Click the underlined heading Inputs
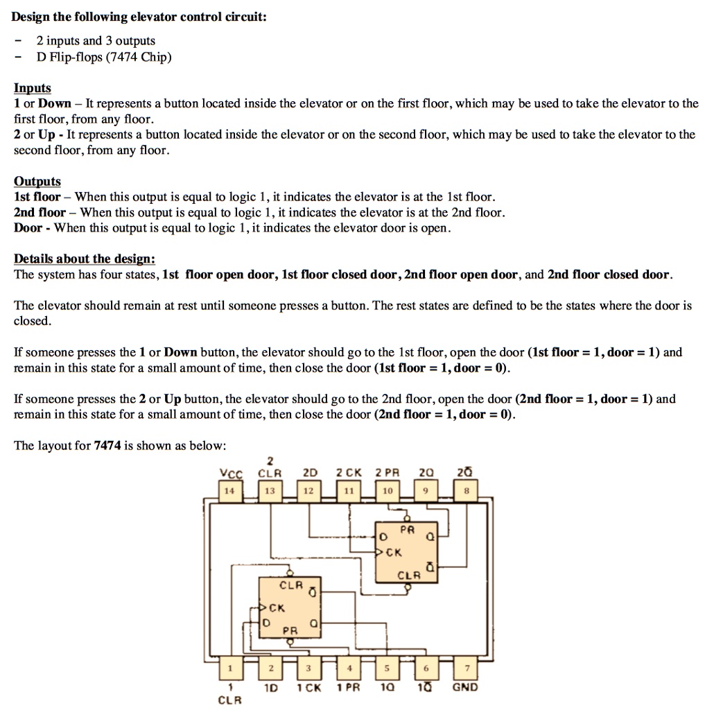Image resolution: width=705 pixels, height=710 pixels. [x=33, y=88]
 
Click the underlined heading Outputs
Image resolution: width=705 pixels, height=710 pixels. [x=37, y=181]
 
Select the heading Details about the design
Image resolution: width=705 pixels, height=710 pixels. [x=85, y=259]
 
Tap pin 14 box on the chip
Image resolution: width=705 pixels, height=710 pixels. [x=229, y=490]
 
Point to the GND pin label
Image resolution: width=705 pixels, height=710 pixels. [x=464, y=688]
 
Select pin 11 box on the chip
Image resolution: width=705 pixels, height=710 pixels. [x=349, y=490]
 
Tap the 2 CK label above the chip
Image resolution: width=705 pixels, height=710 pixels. [x=349, y=473]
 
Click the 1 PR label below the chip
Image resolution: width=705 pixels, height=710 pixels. [x=349, y=688]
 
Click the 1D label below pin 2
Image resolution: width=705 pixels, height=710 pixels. [x=270, y=688]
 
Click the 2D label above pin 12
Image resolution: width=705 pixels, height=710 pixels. [x=309, y=473]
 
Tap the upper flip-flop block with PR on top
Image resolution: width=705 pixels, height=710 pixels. [x=407, y=552]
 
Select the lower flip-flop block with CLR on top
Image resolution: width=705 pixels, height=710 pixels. [x=290, y=608]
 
